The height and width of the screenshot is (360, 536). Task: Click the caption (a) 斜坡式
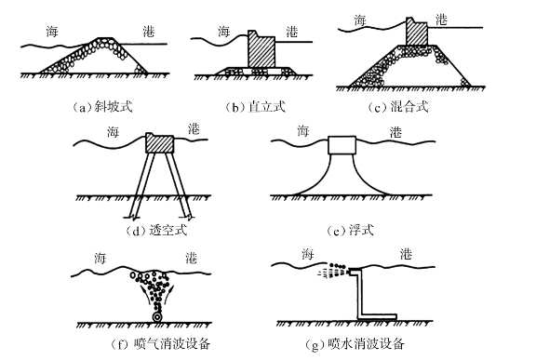click(101, 107)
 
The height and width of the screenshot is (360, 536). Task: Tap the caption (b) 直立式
click(255, 107)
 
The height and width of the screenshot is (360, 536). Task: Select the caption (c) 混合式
click(397, 107)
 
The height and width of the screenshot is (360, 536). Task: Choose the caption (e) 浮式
click(350, 230)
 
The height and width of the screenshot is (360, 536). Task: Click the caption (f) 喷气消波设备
click(160, 343)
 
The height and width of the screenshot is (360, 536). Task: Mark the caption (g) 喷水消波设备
click(355, 343)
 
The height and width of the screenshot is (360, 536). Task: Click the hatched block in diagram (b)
click(261, 49)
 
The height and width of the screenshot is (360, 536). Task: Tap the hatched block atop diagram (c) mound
click(417, 31)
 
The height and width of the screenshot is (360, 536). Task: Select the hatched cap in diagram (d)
click(160, 142)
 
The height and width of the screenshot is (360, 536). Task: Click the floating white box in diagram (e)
click(342, 145)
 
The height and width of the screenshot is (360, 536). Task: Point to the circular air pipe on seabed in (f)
click(157, 317)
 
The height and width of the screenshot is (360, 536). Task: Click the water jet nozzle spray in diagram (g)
click(334, 270)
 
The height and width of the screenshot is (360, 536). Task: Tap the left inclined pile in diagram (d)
click(142, 185)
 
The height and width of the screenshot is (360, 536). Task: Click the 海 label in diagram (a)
click(52, 32)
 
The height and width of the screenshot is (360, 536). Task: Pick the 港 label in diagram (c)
click(441, 20)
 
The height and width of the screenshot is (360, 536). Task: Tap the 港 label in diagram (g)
click(406, 254)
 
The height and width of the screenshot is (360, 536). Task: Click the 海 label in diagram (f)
click(100, 258)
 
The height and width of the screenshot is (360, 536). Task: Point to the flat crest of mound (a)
click(105, 37)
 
